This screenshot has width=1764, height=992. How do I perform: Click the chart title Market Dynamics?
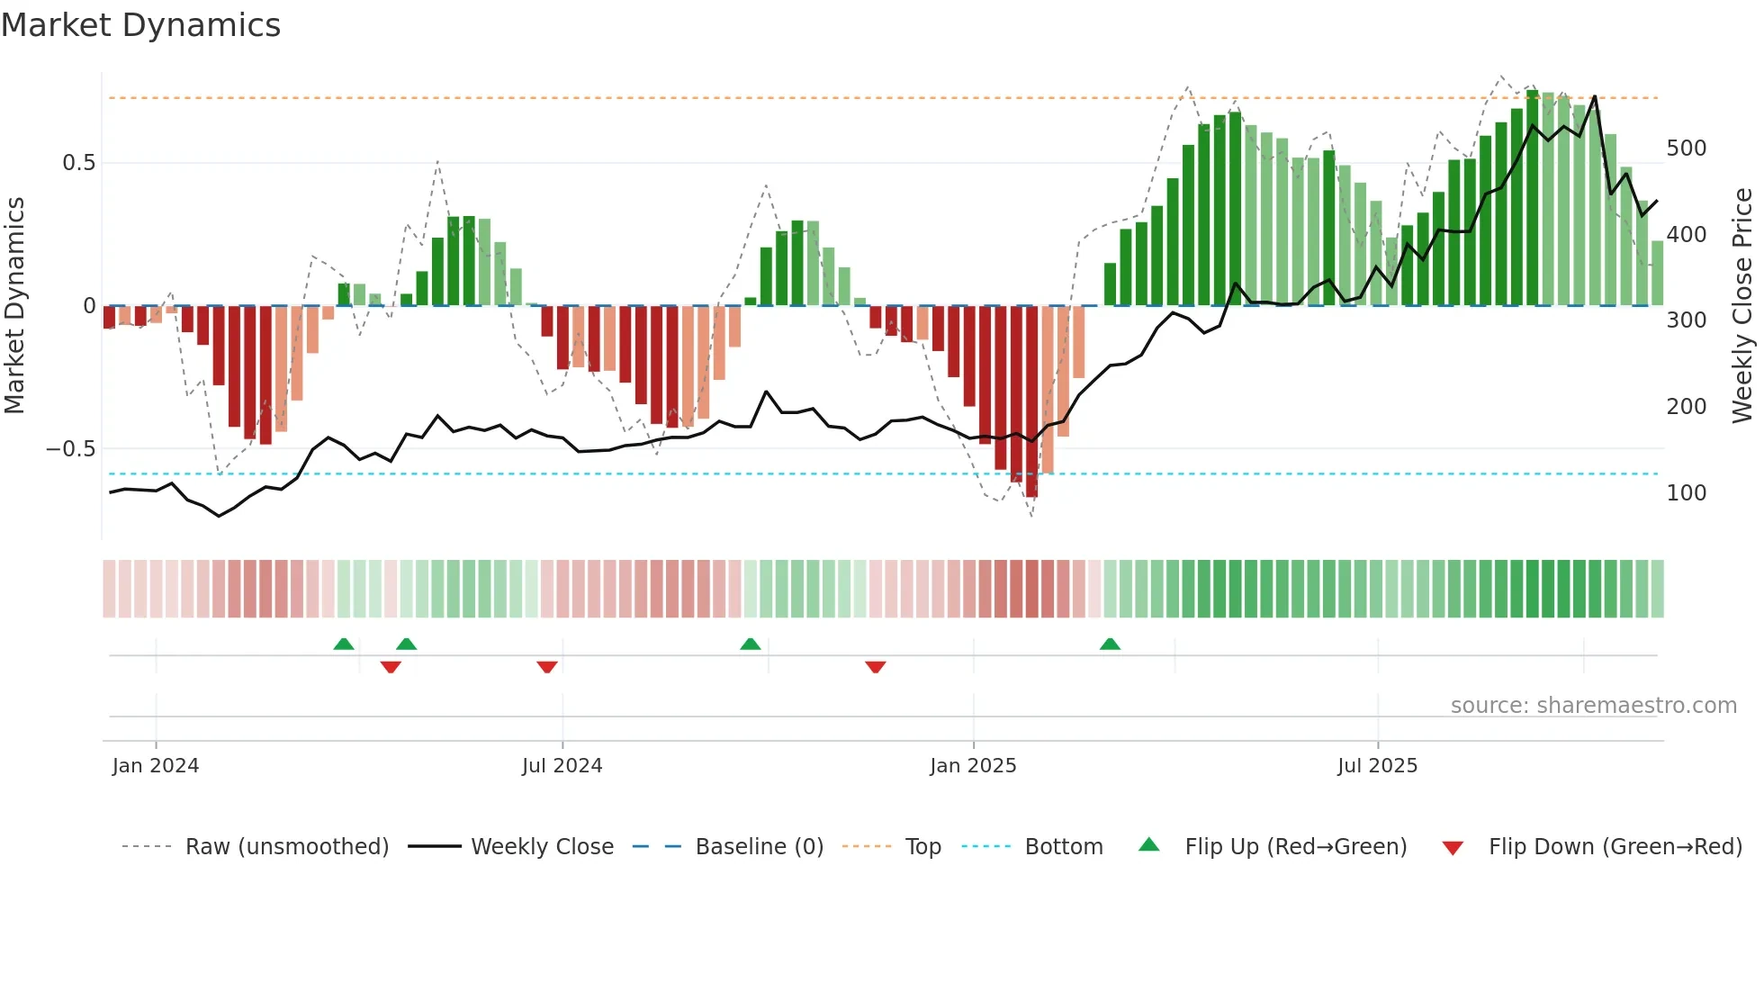coord(140,25)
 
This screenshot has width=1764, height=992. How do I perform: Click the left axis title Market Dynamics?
coord(14,305)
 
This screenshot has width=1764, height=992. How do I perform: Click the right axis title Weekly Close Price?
coord(1742,305)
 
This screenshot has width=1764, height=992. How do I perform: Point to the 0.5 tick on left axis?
coord(78,163)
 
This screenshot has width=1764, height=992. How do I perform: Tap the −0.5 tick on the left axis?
coord(71,449)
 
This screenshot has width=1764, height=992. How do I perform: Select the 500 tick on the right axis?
coord(1686,149)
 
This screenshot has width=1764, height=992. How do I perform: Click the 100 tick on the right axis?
coord(1686,493)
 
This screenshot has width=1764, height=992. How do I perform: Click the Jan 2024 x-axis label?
coord(156,766)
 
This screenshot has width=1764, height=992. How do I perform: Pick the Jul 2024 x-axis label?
coord(562,766)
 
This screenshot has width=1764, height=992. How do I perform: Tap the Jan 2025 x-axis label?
coord(973,766)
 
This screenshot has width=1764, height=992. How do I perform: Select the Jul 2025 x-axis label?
coord(1377,766)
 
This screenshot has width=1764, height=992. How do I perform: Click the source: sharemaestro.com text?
coord(1593,706)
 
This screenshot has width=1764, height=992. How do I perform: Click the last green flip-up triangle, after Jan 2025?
coord(1110,645)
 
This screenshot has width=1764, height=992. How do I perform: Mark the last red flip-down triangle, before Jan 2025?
coord(876,666)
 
